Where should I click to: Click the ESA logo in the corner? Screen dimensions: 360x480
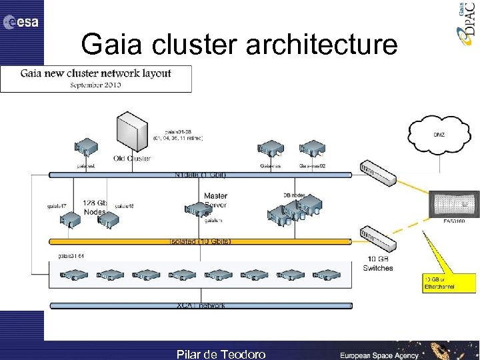pos(21,22)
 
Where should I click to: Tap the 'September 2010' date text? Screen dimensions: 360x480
pos(95,85)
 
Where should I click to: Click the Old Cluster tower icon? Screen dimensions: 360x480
pos(131,133)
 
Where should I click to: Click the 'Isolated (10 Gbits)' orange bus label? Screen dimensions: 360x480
pos(200,241)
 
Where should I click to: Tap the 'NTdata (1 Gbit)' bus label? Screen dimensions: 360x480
pos(200,175)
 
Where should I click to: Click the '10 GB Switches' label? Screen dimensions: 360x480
pos(378,263)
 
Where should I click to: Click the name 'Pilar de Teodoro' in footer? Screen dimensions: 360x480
pos(221,354)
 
